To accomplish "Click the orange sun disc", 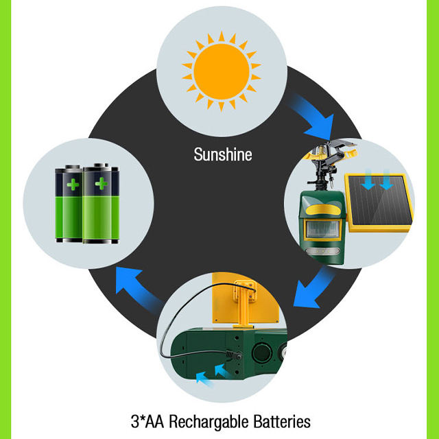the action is (x=222, y=71).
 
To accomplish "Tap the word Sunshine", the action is (x=223, y=154).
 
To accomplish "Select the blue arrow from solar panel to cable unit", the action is (x=314, y=287).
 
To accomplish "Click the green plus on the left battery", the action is (x=73, y=185).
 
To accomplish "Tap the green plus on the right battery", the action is (x=102, y=184).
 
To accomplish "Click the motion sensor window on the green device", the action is (x=322, y=230).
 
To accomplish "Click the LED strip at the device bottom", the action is (x=322, y=251).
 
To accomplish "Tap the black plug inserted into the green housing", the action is (x=234, y=355).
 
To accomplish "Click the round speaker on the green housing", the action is (x=262, y=353).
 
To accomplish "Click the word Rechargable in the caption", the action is (x=209, y=422).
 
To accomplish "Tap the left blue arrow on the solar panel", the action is (x=368, y=180).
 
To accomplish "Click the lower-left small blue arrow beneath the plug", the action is (x=203, y=378).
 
